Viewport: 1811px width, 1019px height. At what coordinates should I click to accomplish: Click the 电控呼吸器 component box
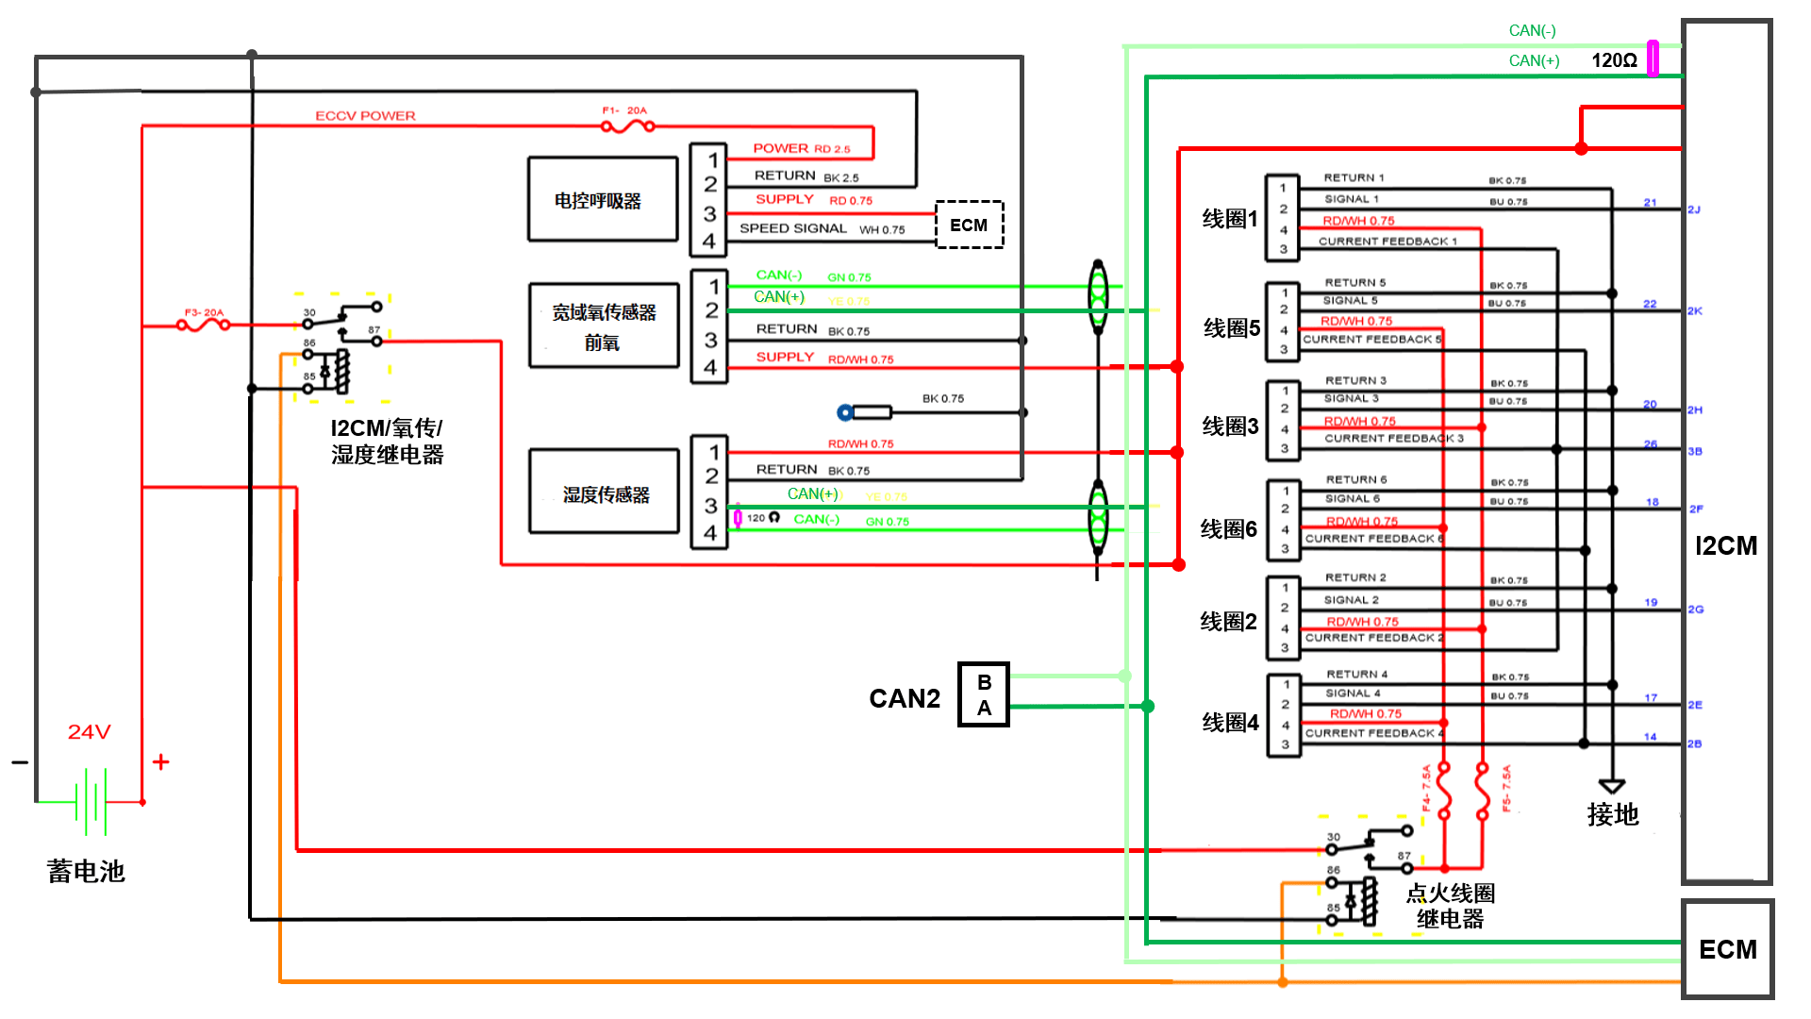[602, 199]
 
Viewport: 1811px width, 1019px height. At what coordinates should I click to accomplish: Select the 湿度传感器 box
[605, 493]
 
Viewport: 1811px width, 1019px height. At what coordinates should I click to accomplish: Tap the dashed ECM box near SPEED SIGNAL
[969, 225]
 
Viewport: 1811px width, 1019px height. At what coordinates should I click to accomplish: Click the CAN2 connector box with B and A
[984, 694]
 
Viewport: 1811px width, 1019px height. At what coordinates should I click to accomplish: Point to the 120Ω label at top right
[1614, 60]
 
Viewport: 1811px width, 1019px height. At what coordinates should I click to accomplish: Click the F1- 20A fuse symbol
[627, 125]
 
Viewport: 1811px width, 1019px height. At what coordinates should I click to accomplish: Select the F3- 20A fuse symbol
[203, 325]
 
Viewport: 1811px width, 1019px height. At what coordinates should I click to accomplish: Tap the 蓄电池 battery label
[86, 871]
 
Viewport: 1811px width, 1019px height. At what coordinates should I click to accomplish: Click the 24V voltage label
[90, 731]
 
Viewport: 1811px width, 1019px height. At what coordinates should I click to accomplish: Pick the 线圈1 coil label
[1230, 219]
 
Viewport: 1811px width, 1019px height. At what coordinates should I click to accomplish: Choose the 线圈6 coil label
[1228, 529]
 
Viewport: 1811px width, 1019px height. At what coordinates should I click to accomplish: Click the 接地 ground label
[1612, 814]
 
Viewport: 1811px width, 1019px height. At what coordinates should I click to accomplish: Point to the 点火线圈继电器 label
[1450, 906]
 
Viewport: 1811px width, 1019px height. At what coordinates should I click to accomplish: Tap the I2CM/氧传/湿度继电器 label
[387, 441]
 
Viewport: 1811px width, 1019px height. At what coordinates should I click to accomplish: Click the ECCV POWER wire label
[365, 116]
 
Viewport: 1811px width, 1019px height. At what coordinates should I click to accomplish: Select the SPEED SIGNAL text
[792, 228]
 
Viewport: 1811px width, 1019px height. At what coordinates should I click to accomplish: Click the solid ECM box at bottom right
[1727, 948]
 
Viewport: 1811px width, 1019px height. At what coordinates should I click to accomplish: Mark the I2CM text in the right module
[1726, 545]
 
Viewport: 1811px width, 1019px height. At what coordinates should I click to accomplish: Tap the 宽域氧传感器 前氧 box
[604, 326]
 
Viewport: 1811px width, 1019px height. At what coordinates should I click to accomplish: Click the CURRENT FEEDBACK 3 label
[1393, 439]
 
